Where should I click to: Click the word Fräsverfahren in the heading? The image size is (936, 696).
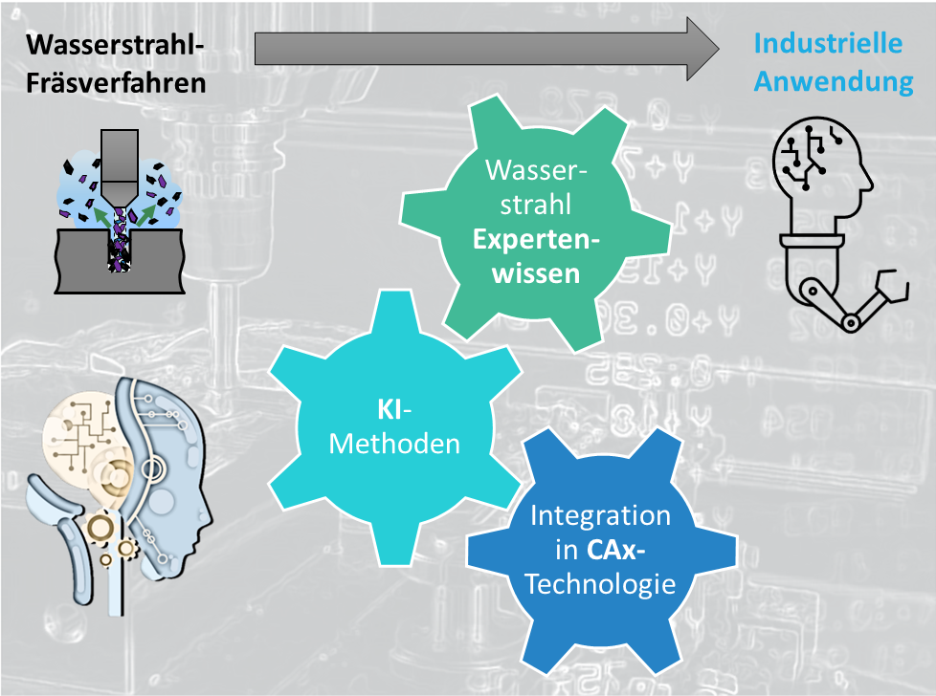(x=116, y=83)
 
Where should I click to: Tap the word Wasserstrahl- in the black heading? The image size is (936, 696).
(x=115, y=45)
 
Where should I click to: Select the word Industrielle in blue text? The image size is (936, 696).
(x=828, y=43)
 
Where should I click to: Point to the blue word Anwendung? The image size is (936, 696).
(x=834, y=81)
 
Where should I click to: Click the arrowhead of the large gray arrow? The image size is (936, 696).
(x=702, y=49)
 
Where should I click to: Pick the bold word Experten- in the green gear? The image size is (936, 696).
(x=536, y=240)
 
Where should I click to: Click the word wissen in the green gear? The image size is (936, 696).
(x=536, y=273)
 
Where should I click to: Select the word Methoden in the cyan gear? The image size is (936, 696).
(x=394, y=445)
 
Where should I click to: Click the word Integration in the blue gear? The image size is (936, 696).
(x=600, y=516)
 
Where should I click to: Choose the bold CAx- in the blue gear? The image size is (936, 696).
(x=615, y=550)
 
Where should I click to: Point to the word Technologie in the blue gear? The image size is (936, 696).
(x=600, y=584)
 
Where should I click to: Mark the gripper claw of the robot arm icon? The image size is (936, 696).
(x=893, y=285)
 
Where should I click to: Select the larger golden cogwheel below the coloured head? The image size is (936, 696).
(x=100, y=527)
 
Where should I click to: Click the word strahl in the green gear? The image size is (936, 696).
(x=535, y=206)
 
